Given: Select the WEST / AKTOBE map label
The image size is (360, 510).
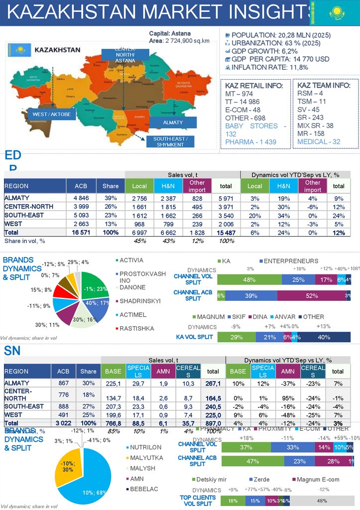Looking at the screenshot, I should (52, 115).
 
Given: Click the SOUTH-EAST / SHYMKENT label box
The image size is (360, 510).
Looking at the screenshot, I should (170, 141).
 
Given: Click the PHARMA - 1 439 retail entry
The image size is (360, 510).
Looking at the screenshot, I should (250, 142).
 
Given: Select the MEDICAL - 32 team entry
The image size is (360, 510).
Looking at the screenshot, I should (319, 142).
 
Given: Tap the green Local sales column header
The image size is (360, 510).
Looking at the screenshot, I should (139, 186).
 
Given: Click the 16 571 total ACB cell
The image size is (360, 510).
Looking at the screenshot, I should (81, 233).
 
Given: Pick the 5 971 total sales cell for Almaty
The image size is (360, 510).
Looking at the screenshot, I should (226, 198).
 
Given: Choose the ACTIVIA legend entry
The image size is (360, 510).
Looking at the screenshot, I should (131, 260).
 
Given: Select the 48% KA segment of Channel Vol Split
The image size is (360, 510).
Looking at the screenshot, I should (249, 279).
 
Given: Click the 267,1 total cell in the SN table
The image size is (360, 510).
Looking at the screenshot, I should (213, 383).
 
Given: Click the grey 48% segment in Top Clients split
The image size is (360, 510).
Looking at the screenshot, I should (322, 500).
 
